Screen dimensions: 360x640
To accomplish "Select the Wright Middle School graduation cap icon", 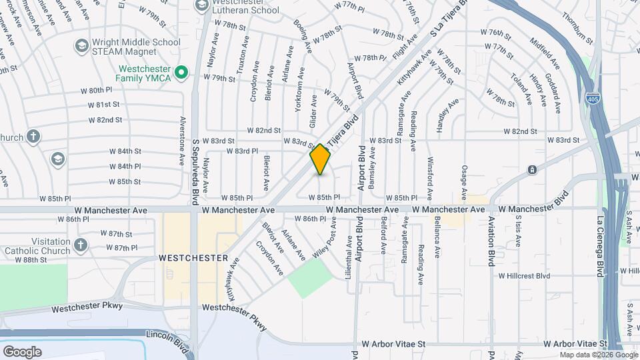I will click(82, 45).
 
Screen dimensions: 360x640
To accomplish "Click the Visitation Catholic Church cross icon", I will click(81, 244).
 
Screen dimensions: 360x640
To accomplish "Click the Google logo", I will click(22, 351).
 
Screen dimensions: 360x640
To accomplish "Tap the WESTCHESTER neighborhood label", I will click(193, 257).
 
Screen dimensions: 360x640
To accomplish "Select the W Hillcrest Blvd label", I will click(524, 275).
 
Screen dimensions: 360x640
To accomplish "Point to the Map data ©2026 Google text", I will click(597, 355).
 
